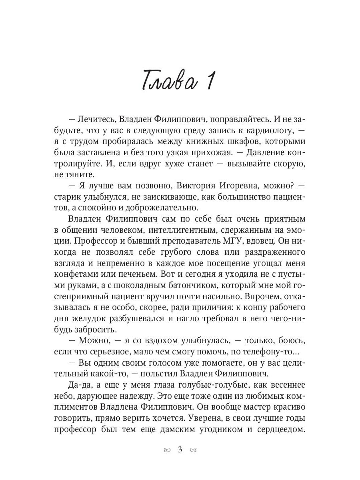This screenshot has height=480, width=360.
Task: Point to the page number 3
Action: [x=180, y=450]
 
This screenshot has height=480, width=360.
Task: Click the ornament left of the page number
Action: [x=166, y=450]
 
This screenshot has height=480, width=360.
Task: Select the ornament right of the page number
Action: [x=193, y=450]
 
